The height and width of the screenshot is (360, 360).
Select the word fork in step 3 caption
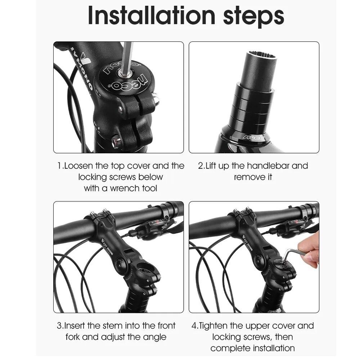75,337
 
